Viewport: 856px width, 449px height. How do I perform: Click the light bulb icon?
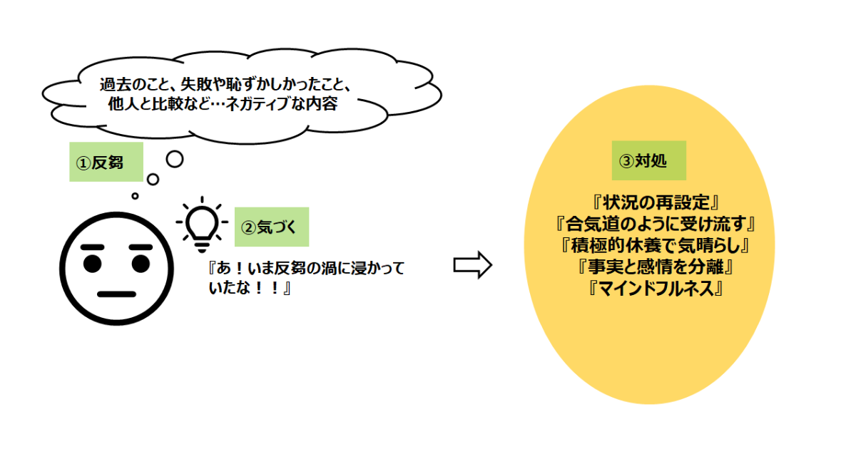pyautogui.click(x=201, y=223)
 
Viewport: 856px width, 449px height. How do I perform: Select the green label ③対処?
pyautogui.click(x=648, y=160)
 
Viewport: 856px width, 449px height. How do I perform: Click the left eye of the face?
pyautogui.click(x=93, y=264)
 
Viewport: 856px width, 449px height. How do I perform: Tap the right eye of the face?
pyautogui.click(x=140, y=264)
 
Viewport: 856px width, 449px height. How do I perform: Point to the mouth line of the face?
pyautogui.click(x=116, y=294)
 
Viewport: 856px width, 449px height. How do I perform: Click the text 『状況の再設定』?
pyautogui.click(x=648, y=202)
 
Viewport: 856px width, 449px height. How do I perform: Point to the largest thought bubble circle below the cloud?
pyautogui.click(x=175, y=158)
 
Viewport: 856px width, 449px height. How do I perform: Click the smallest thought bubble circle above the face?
pyautogui.click(x=135, y=195)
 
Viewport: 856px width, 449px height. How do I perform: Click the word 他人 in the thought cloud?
pyautogui.click(x=116, y=105)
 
